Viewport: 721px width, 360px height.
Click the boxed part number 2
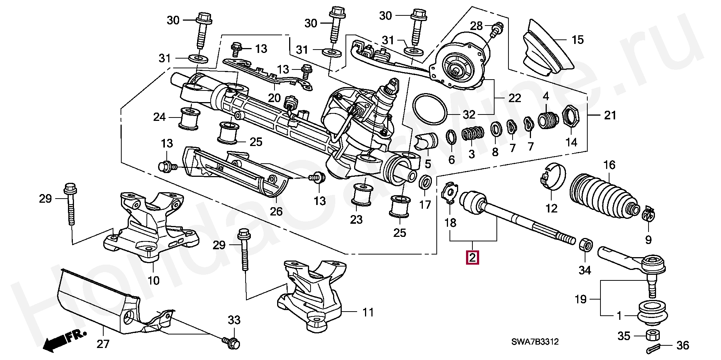[x=472, y=258]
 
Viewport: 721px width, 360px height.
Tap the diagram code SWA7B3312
[x=535, y=342]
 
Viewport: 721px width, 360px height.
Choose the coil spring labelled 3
[x=472, y=133]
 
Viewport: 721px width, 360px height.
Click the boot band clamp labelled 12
[x=552, y=175]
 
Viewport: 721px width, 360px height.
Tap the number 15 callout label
[x=578, y=40]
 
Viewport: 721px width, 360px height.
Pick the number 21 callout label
[x=610, y=115]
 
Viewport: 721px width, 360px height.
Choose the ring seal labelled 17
[x=425, y=182]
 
